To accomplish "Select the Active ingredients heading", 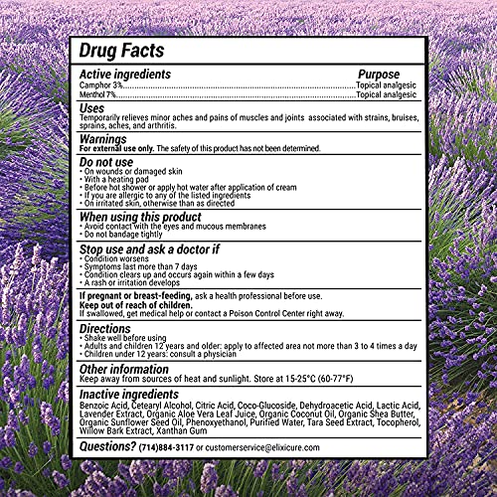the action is pos(125,74).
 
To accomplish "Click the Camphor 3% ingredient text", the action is pos(98,85).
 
